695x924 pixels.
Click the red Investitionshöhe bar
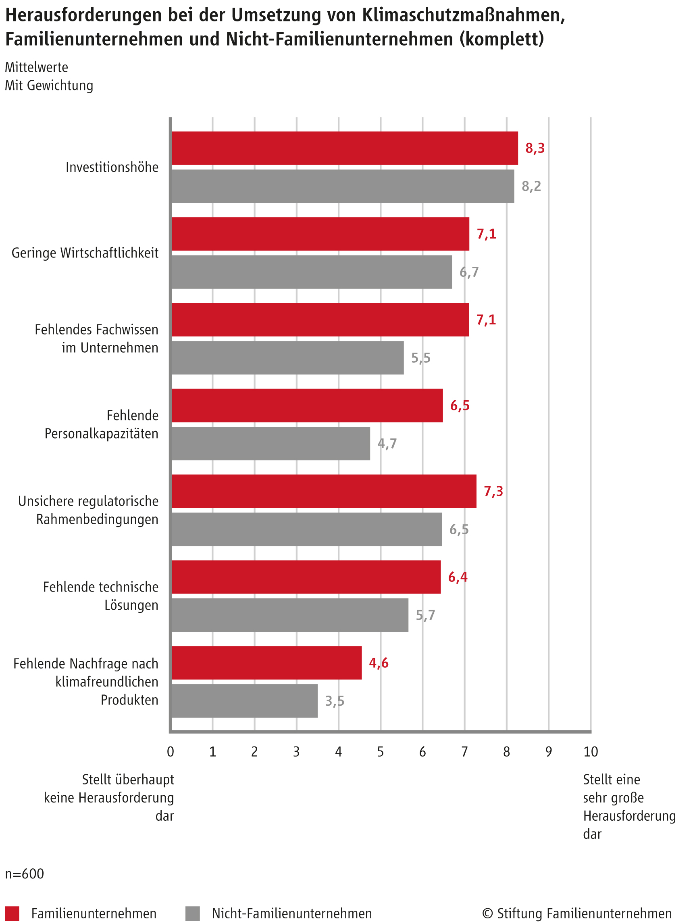tap(344, 148)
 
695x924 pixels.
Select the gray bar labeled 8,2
tap(342, 186)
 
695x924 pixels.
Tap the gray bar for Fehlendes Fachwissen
tap(287, 357)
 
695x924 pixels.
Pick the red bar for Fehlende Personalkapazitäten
tap(307, 405)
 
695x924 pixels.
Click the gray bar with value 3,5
tap(244, 701)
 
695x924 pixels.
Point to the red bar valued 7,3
tap(323, 491)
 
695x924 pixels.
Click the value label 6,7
tap(469, 272)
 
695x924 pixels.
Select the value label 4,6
tap(379, 663)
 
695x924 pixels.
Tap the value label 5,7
tap(425, 615)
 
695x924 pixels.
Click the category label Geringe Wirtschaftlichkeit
tap(85, 253)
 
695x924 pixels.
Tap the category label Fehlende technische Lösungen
tap(101, 596)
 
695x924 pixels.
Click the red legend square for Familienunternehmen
tap(12, 913)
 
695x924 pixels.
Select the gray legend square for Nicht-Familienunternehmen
tap(192, 913)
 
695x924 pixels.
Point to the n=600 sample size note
tap(24, 874)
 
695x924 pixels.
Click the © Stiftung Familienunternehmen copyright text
tap(577, 914)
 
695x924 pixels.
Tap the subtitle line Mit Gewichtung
tap(49, 86)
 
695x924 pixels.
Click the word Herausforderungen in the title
tap(83, 15)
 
